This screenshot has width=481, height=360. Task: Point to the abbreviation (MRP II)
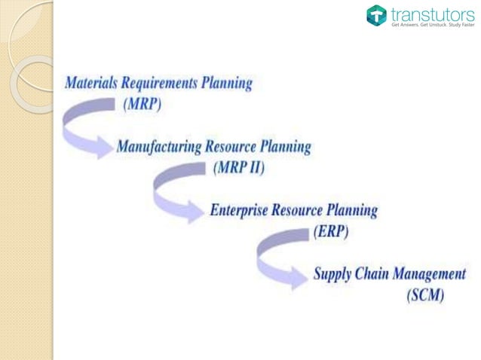pos(238,167)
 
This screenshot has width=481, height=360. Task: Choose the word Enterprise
pos(242,210)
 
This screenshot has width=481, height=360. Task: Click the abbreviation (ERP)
pos(330,232)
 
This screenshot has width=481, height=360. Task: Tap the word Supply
pos(333,274)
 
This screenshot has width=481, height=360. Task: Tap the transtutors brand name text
pos(427,13)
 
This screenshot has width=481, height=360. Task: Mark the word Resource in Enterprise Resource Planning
pos(308,210)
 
